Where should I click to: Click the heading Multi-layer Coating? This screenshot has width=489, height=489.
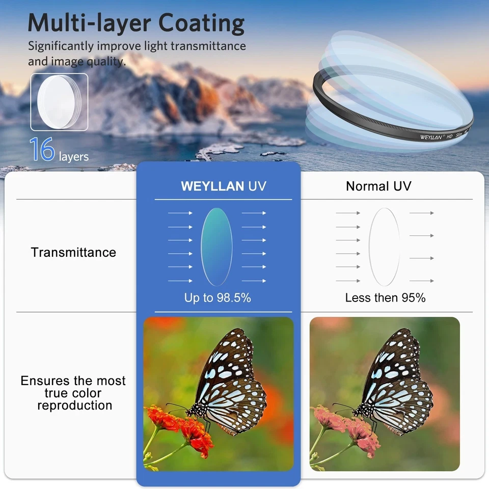pyautogui.click(x=136, y=23)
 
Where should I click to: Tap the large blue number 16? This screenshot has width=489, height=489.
pyautogui.click(x=42, y=149)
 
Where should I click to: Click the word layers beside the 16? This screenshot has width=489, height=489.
pyautogui.click(x=73, y=157)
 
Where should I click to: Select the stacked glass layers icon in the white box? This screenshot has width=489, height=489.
pyautogui.click(x=59, y=102)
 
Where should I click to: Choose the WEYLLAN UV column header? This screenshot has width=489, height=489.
pyautogui.click(x=223, y=186)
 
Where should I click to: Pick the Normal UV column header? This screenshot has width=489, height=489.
pyautogui.click(x=378, y=186)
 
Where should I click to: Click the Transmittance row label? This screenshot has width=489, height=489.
pyautogui.click(x=73, y=252)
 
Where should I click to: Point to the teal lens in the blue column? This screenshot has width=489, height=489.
pyautogui.click(x=217, y=247)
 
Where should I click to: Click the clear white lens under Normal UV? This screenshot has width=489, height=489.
pyautogui.click(x=384, y=247)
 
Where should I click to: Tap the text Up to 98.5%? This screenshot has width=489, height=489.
pyautogui.click(x=218, y=298)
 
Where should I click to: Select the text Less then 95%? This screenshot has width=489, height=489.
pyautogui.click(x=385, y=298)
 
